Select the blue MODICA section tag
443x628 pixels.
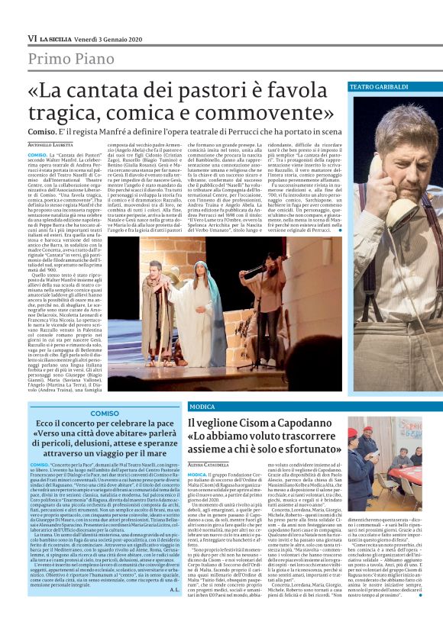(x=202, y=407)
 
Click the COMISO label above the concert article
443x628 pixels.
(x=105, y=413)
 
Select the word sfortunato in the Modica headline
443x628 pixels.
(x=302, y=450)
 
